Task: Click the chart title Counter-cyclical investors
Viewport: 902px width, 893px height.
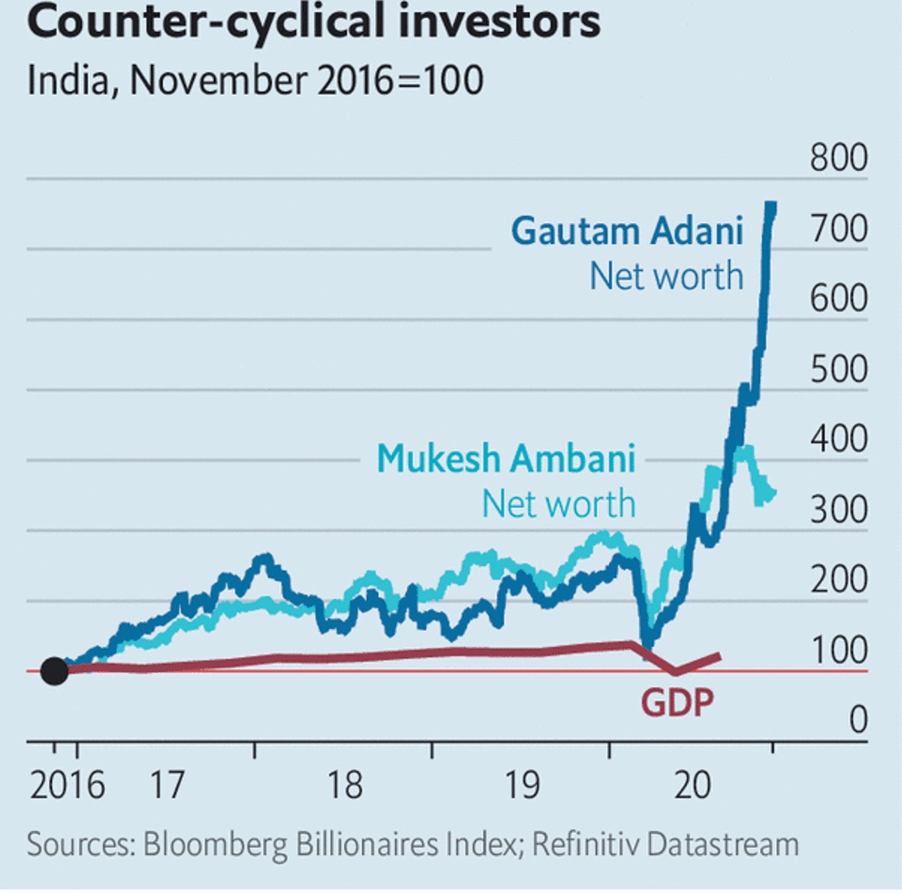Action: click(x=314, y=23)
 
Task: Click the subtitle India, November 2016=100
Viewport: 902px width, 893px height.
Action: click(x=255, y=81)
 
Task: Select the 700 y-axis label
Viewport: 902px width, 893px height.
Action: click(x=838, y=229)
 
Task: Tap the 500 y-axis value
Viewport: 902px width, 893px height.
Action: click(x=838, y=370)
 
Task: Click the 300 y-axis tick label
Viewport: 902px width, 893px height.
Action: click(x=838, y=511)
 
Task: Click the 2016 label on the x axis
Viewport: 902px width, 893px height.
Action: click(x=66, y=786)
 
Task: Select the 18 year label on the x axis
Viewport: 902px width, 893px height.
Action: click(x=345, y=786)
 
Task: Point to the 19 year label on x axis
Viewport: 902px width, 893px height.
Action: click(x=522, y=786)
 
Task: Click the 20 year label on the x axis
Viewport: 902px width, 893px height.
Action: click(x=698, y=786)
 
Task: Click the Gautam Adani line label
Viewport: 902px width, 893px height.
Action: click(x=627, y=231)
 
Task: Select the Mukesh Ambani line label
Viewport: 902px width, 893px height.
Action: click(x=506, y=458)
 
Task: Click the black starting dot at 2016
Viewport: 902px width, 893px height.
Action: click(x=55, y=672)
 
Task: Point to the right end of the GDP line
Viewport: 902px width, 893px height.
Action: click(x=720, y=655)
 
